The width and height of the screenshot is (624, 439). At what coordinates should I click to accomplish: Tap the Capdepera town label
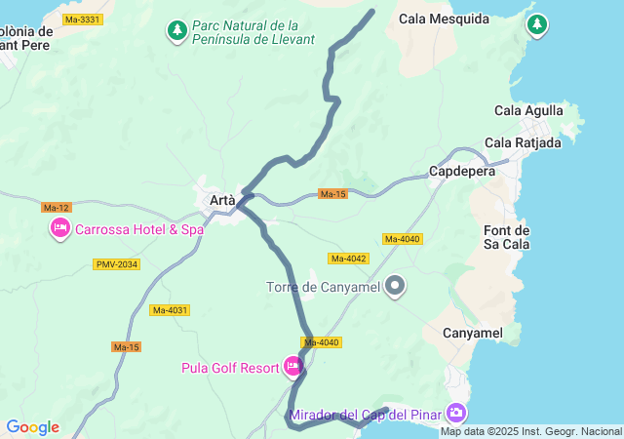[x=462, y=172]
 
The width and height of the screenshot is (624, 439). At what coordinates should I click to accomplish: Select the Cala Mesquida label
[x=444, y=18]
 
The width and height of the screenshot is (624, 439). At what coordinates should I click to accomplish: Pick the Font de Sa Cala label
[x=507, y=237]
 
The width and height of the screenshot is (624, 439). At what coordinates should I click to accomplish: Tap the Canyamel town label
[x=472, y=334]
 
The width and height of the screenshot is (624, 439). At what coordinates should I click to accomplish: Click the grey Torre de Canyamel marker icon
[x=395, y=286]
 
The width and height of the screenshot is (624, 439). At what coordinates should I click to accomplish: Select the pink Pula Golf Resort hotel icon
[x=292, y=368]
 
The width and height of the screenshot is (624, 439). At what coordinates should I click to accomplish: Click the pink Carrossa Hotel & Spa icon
[x=60, y=229]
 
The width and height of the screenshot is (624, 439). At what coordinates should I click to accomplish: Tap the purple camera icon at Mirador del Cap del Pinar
[x=455, y=414]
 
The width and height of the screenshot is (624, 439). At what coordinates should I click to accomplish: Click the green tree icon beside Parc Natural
[x=176, y=31]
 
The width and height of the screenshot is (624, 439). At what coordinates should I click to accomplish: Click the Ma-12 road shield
[x=57, y=207]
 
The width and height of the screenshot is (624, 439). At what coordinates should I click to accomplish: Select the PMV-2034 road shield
[x=117, y=264]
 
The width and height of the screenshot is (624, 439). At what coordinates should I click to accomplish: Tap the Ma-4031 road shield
[x=170, y=310]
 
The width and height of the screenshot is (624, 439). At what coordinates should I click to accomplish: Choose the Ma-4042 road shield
[x=348, y=259]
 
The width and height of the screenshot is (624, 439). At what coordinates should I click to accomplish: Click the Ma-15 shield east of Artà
[x=332, y=194]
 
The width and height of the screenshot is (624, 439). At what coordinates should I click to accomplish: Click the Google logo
[x=32, y=427]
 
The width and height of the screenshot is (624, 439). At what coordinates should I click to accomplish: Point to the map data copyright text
[x=530, y=432]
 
